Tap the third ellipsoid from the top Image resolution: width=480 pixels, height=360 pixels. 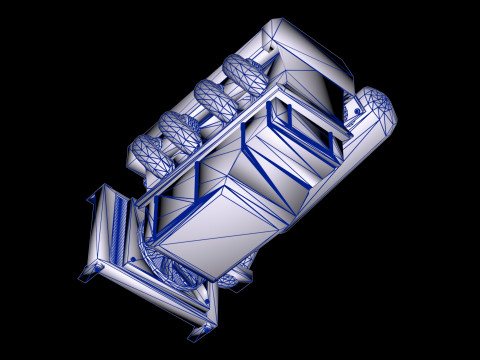tap(181, 127)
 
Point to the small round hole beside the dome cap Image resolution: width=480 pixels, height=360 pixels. tap(353, 101)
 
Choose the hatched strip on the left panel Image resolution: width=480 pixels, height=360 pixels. tap(121, 230)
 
